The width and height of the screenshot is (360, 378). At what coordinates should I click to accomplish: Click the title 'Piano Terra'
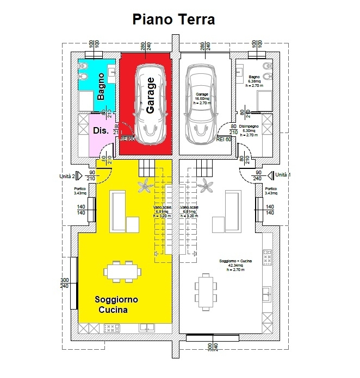point(174,19)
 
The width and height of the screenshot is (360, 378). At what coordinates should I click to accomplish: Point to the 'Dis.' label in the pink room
point(101,131)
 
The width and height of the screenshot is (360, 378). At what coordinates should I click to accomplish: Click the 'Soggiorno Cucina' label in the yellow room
point(115,305)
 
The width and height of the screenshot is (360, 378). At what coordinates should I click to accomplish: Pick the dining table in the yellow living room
point(121,272)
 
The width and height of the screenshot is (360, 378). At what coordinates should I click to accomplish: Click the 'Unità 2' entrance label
point(67,176)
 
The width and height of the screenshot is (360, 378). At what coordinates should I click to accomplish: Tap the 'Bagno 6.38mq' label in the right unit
point(255,81)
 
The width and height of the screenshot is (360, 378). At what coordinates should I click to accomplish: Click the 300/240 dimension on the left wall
point(64,283)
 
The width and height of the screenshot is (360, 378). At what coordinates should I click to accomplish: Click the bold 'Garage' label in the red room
point(151,95)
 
